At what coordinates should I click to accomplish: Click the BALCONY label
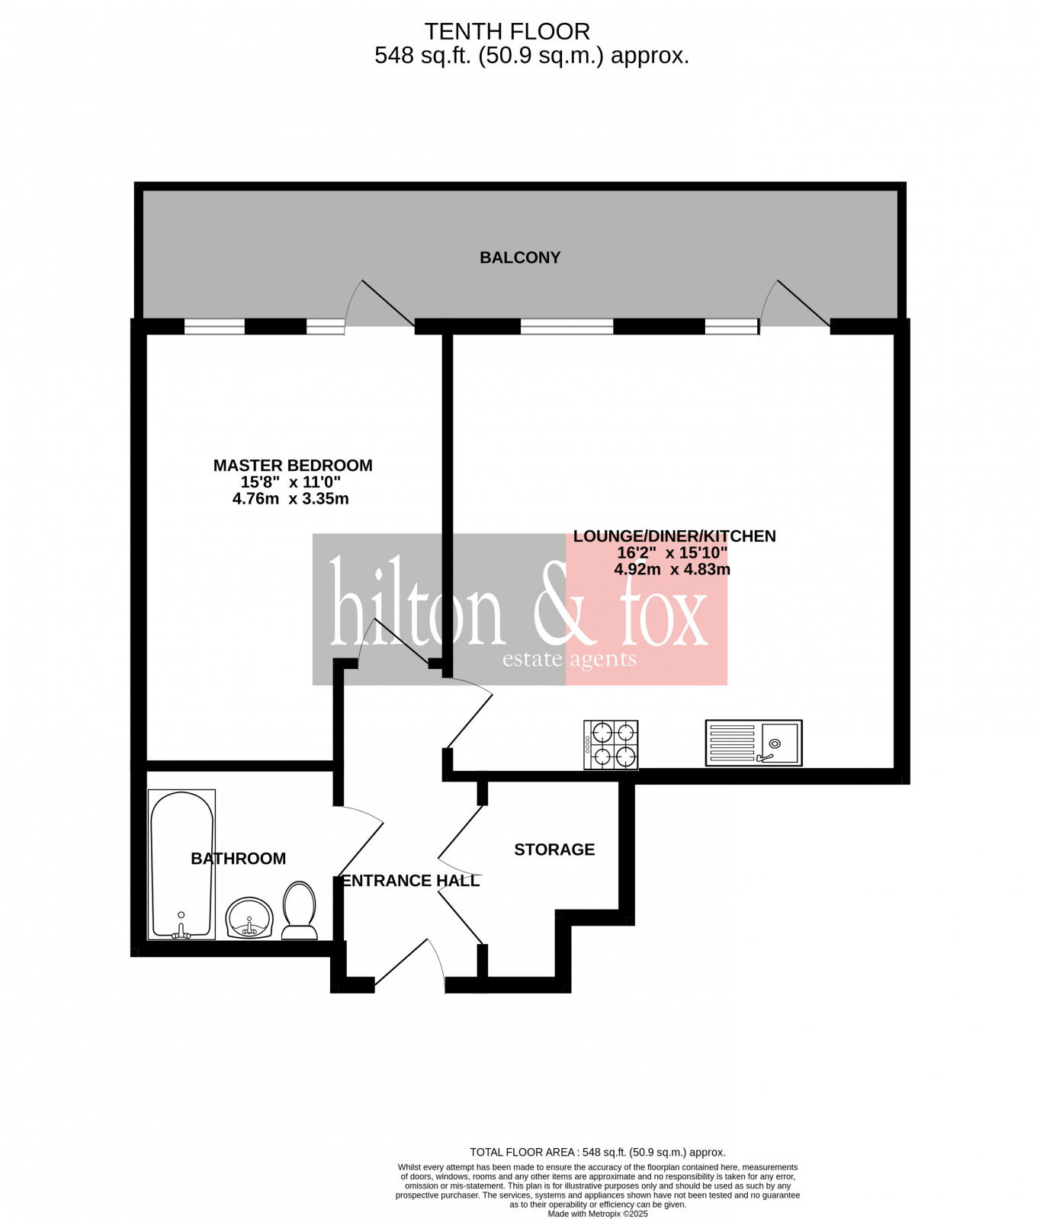pyautogui.click(x=520, y=258)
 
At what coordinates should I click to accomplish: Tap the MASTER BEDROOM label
pyautogui.click(x=293, y=466)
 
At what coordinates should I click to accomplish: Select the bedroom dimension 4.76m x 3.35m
pyautogui.click(x=290, y=499)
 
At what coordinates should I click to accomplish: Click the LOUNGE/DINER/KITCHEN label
pyautogui.click(x=674, y=536)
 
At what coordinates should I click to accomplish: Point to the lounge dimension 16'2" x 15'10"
pyautogui.click(x=672, y=553)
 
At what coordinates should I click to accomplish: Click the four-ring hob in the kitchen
pyautogui.click(x=611, y=744)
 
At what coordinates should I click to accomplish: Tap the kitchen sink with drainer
pyautogui.click(x=753, y=743)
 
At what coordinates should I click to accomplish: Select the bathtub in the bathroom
pyautogui.click(x=182, y=864)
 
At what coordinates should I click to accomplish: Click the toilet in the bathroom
pyautogui.click(x=300, y=910)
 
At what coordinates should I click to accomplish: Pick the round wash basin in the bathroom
pyautogui.click(x=249, y=917)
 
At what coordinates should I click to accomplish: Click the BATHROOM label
pyautogui.click(x=238, y=859)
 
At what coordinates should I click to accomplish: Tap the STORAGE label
pyautogui.click(x=554, y=849)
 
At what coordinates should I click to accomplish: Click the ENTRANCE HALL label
pyautogui.click(x=411, y=881)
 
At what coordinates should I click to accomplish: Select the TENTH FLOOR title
pyautogui.click(x=507, y=31)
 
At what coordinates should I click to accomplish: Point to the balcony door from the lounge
pyautogui.click(x=797, y=305)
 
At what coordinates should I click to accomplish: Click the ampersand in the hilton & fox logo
pyautogui.click(x=560, y=606)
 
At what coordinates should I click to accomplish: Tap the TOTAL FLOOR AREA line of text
pyautogui.click(x=598, y=1152)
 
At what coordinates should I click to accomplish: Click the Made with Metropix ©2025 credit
pyautogui.click(x=598, y=1214)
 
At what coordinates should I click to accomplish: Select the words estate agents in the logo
pyautogui.click(x=569, y=659)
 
